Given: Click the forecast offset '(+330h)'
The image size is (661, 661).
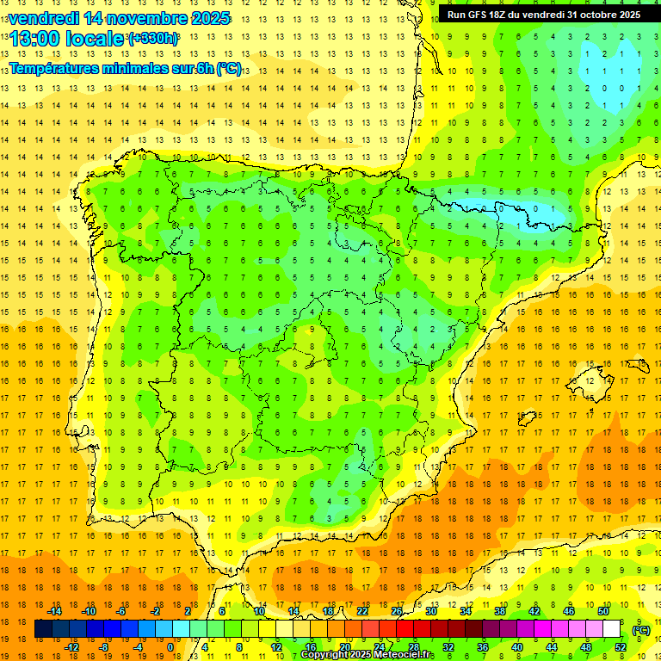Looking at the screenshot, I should [153, 39].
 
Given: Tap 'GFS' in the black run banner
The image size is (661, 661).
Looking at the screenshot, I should [481, 15].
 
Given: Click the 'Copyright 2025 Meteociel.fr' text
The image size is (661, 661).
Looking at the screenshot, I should [367, 655].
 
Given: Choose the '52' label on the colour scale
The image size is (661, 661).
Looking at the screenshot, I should [620, 647].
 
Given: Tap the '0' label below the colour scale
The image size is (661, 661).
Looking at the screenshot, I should [170, 647].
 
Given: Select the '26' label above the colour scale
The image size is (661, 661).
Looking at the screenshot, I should [396, 611].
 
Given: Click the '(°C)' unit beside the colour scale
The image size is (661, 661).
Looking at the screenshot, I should [640, 630].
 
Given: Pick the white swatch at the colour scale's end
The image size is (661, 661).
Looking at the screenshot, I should [611, 629].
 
